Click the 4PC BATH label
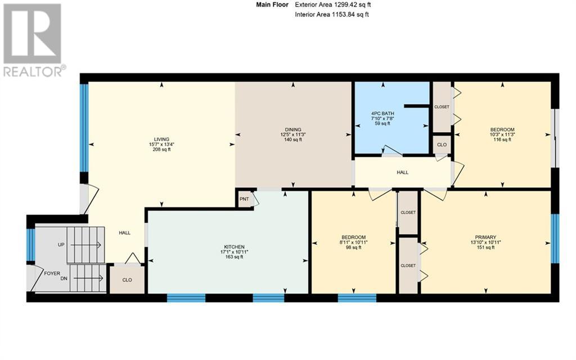(384, 113)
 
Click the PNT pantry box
(244, 199)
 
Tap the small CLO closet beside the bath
(442, 144)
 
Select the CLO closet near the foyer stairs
(127, 280)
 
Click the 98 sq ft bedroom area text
(354, 247)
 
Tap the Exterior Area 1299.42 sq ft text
(332, 5)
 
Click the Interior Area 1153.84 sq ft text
(332, 15)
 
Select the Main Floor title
(272, 5)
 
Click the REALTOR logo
(33, 39)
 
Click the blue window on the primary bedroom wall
(555, 238)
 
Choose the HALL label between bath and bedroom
(402, 173)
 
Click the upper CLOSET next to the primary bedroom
(407, 212)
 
